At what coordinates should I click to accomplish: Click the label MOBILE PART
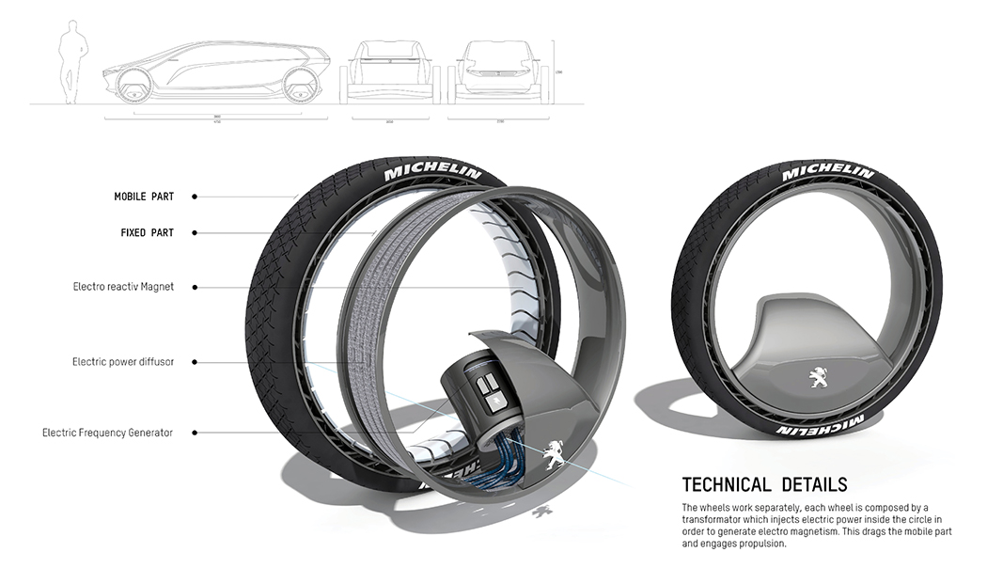144,197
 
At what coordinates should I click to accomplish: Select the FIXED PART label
147,232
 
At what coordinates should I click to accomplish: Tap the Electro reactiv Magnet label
123,287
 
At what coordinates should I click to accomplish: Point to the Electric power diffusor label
122,361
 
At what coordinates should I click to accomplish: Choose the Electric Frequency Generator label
107,433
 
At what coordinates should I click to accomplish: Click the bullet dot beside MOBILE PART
194,197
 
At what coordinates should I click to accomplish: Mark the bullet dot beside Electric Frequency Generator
194,433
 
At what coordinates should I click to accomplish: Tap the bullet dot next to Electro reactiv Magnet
194,287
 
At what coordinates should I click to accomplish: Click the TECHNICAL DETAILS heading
764,485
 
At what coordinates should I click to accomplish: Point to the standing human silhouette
70,63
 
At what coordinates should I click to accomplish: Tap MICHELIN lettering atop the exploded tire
431,173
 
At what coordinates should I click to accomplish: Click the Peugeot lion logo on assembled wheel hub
816,378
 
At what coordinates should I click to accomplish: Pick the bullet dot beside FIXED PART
194,232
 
